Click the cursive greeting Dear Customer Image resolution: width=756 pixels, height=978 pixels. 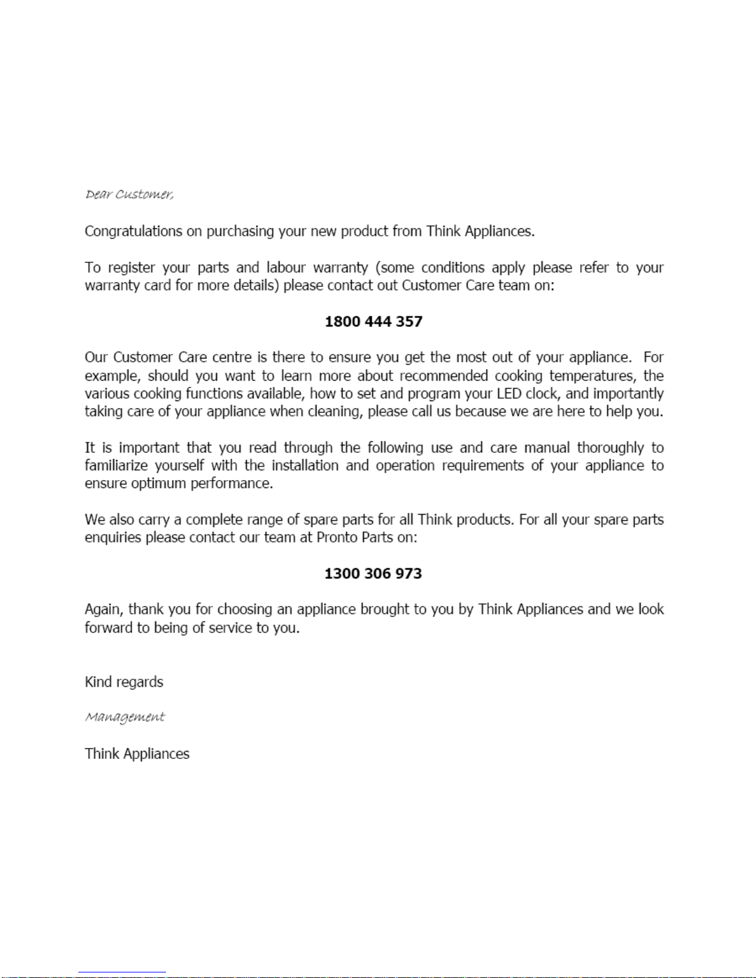point(129,194)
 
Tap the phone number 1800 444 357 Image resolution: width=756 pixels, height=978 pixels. point(373,321)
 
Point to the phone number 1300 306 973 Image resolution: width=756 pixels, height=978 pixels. point(373,573)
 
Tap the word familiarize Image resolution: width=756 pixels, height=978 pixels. point(116,466)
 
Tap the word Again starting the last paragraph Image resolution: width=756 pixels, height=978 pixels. point(104,610)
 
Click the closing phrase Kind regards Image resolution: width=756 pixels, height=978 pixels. point(123,682)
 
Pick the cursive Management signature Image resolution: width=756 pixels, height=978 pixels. point(125,718)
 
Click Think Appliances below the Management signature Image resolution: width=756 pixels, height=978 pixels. point(137,754)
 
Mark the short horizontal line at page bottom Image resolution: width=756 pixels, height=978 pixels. point(122,972)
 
